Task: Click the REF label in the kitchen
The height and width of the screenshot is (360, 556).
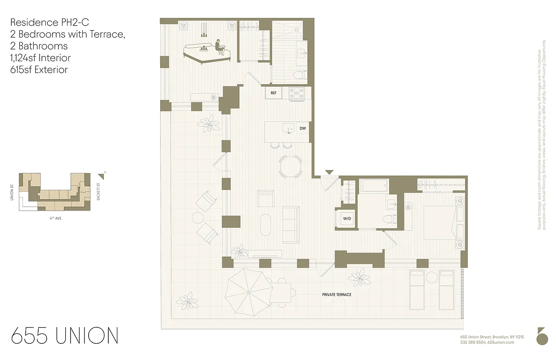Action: coord(273,93)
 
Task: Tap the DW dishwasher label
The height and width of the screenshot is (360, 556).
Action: coord(303,129)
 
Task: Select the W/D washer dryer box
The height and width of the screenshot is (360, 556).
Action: coord(347,219)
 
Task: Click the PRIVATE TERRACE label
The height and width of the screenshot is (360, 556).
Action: coord(336,295)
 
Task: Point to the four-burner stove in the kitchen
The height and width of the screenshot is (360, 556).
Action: coord(296,93)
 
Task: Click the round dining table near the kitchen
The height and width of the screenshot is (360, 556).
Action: coord(291,167)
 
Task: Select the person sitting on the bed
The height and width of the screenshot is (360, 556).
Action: coord(220,47)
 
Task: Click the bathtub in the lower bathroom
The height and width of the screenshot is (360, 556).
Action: coord(373,186)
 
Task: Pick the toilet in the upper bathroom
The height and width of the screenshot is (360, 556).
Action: coord(300,75)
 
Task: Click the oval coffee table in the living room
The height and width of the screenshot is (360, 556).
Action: coord(266,224)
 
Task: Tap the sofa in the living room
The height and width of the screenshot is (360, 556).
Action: coord(291,224)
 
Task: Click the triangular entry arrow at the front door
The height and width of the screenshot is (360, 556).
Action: coord(329,172)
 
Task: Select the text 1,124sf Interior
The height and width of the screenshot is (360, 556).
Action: coord(40,58)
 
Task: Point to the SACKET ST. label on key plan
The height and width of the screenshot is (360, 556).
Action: coord(98,192)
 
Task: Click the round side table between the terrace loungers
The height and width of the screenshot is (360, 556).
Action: coord(432,277)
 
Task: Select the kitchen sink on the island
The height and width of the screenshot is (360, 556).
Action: coord(288,128)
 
